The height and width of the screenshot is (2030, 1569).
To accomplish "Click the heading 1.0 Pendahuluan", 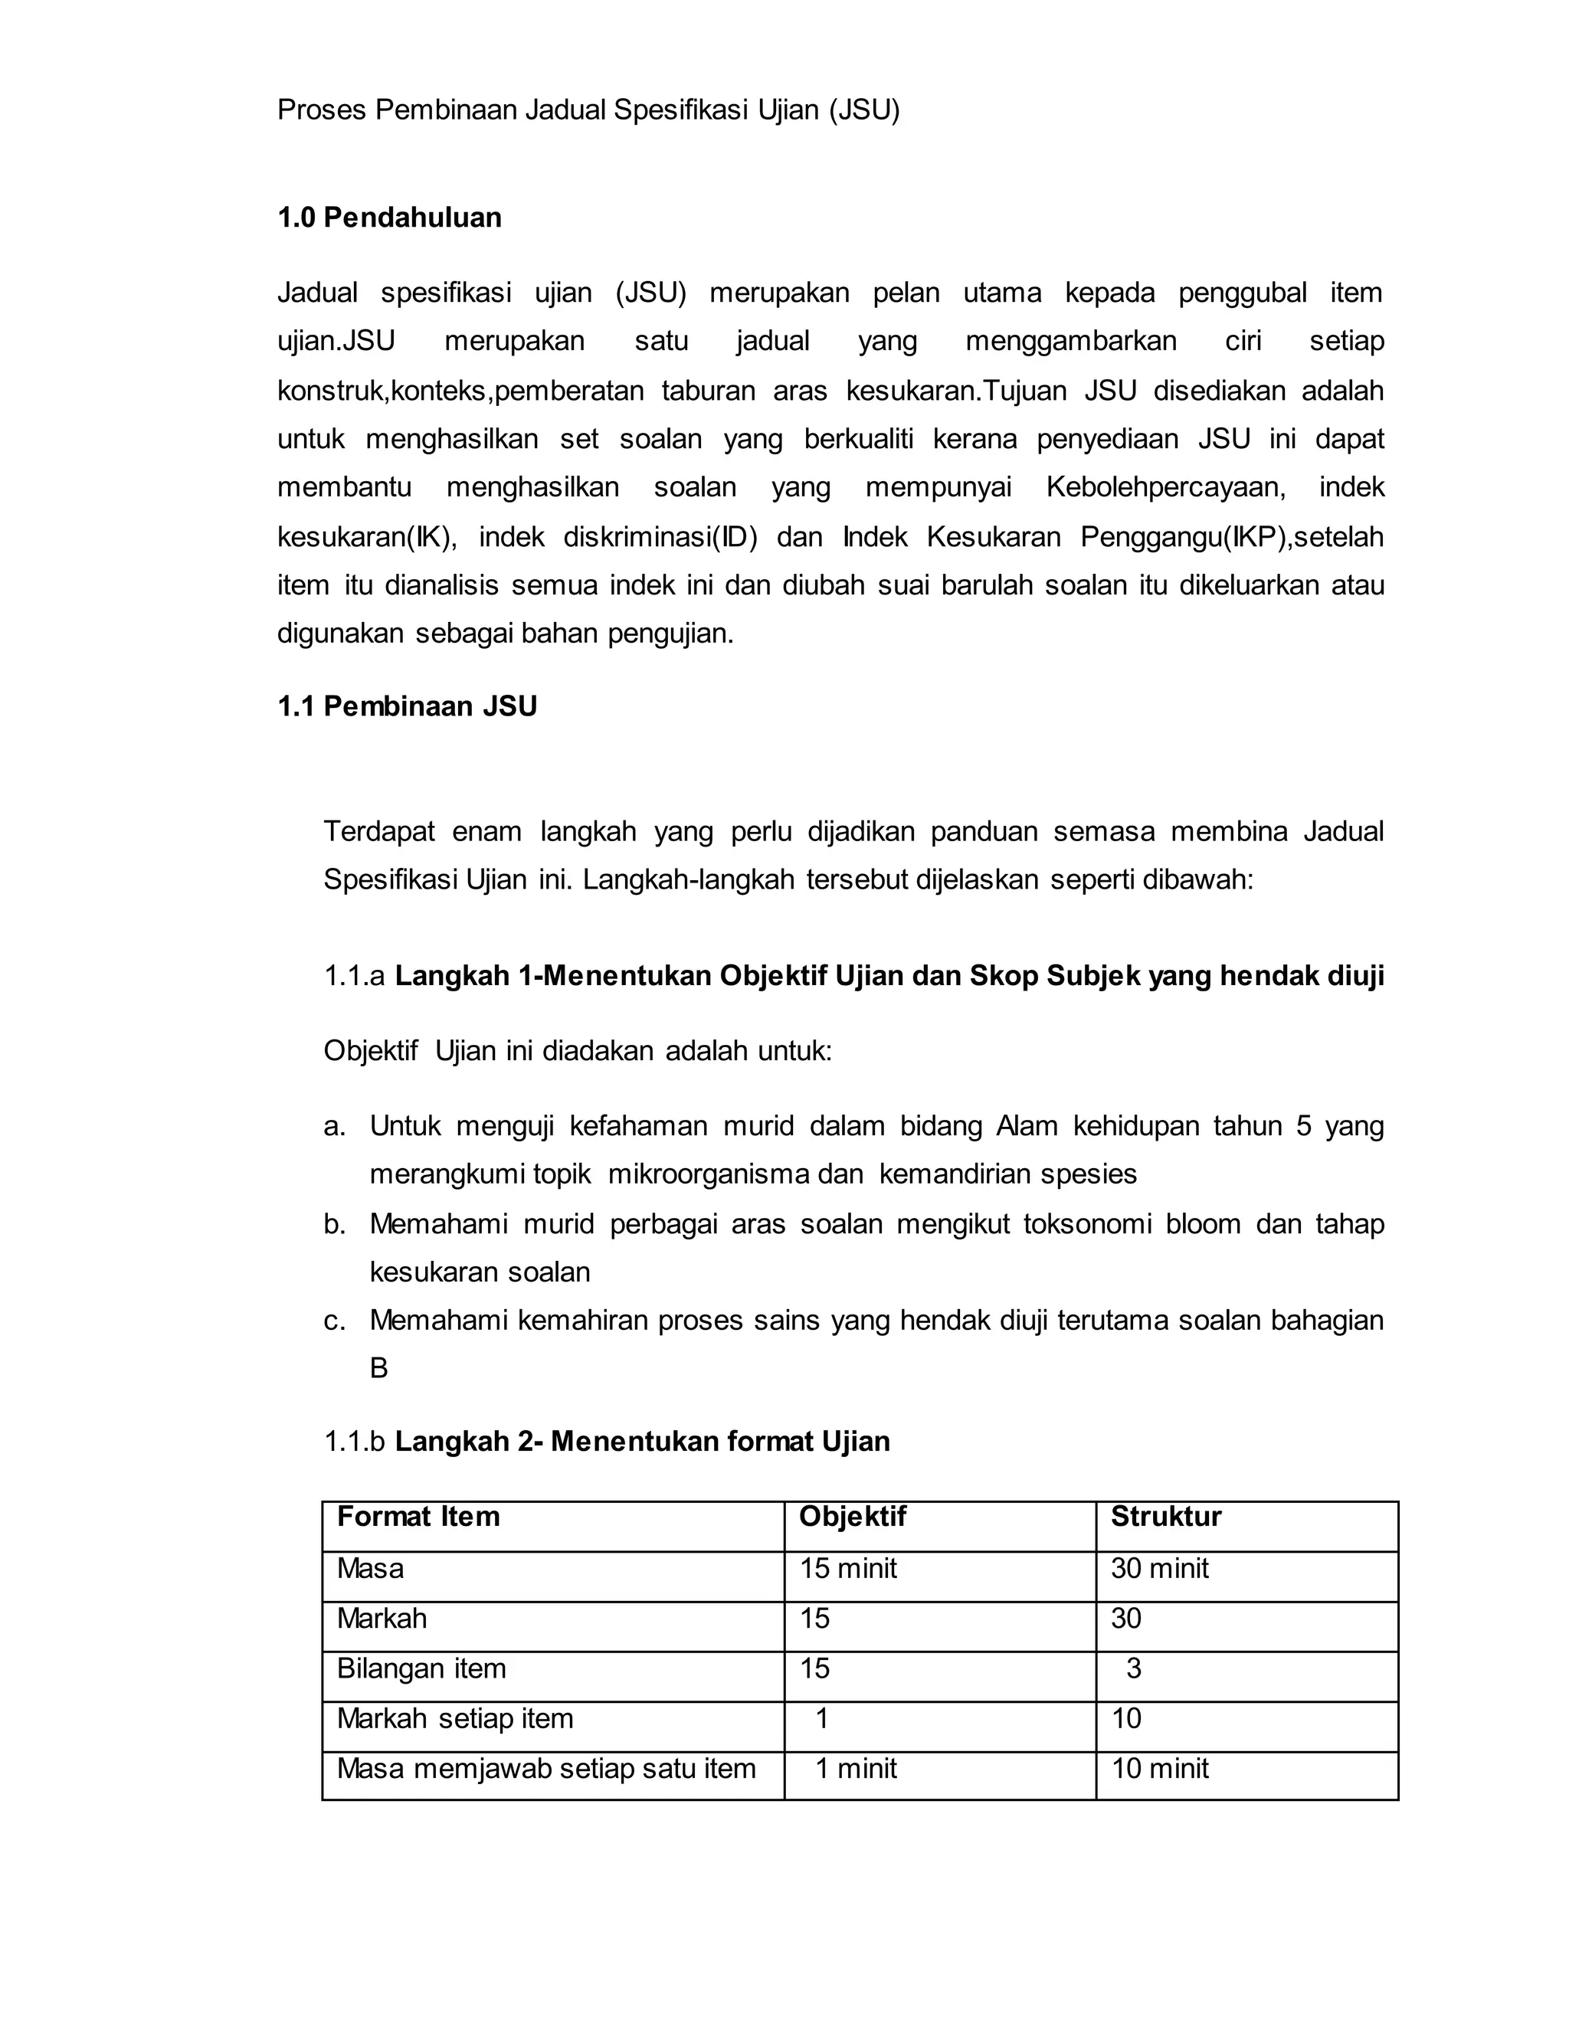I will tap(388, 218).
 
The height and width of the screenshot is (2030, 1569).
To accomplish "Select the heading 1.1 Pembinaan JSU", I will tap(407, 706).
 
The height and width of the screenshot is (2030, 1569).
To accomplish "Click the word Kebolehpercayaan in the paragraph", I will tap(1165, 487).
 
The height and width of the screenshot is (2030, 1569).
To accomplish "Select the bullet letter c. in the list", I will tap(335, 1320).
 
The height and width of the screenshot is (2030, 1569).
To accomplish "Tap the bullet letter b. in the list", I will tap(335, 1223).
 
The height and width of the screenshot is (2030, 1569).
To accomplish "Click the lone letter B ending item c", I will tap(378, 1368).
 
